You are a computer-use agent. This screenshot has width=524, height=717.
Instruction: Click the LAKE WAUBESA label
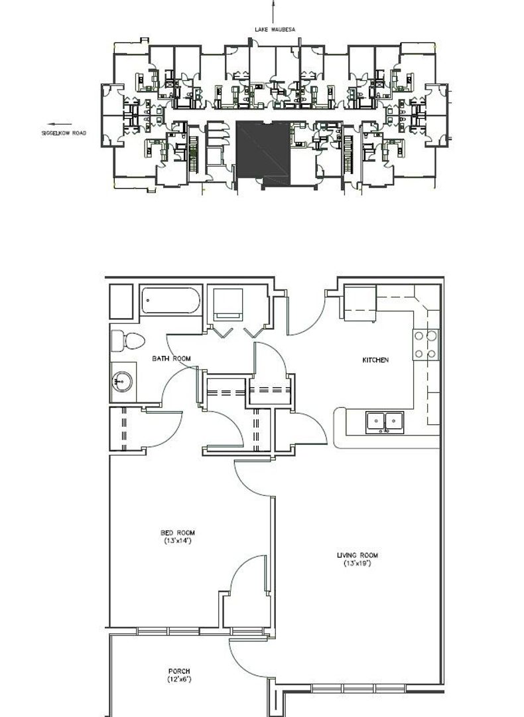click(275, 30)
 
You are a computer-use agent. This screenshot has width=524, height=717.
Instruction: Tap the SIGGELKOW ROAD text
click(64, 133)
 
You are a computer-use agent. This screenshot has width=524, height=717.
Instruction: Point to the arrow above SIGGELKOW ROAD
click(60, 124)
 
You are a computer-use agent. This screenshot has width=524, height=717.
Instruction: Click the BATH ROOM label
click(171, 358)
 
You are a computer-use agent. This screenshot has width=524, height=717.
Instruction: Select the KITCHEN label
click(375, 360)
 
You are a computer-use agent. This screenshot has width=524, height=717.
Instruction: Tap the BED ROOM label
click(178, 532)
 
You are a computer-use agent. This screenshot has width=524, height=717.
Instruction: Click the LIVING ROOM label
click(358, 556)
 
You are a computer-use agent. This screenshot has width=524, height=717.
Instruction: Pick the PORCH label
click(179, 671)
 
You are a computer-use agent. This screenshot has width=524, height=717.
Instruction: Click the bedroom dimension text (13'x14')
click(178, 541)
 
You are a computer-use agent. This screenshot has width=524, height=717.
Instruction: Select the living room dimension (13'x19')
click(358, 564)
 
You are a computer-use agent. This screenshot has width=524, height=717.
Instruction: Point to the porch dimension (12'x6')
click(179, 680)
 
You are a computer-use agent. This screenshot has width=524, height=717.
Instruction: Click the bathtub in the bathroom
click(170, 301)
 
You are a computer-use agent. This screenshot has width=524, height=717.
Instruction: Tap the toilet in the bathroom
click(128, 341)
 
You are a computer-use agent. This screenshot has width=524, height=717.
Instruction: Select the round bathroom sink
click(123, 381)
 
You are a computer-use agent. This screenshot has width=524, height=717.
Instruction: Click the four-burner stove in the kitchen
click(426, 345)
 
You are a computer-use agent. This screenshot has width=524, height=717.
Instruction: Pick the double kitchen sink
click(385, 422)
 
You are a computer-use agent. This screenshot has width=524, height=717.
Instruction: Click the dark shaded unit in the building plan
click(263, 150)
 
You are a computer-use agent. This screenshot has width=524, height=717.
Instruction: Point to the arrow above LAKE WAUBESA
click(274, 12)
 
